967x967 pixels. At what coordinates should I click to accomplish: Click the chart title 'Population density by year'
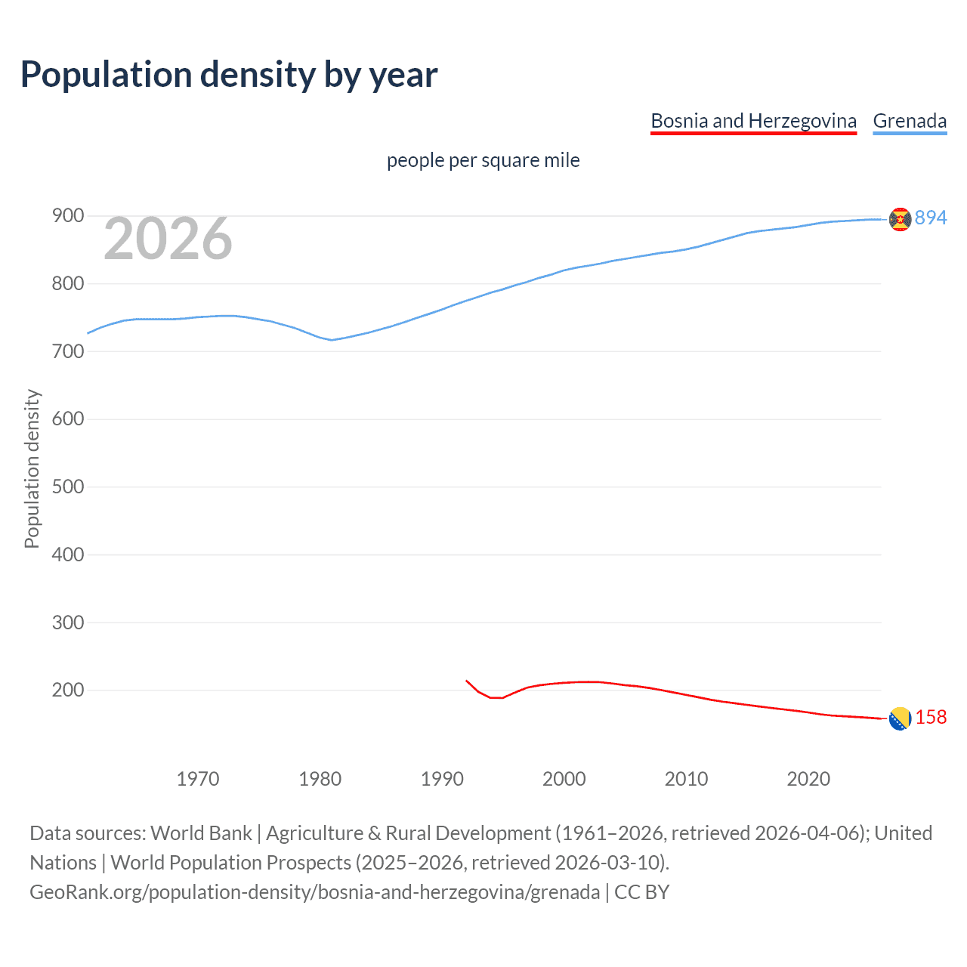[229, 74]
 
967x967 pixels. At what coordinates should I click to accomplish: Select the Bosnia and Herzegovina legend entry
[753, 121]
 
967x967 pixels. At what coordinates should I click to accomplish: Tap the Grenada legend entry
[910, 121]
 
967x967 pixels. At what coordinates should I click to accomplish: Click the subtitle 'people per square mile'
[483, 160]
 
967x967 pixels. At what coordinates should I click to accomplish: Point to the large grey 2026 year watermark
[168, 239]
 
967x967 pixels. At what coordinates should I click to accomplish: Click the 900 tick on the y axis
[68, 216]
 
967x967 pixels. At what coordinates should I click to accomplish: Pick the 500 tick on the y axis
[68, 487]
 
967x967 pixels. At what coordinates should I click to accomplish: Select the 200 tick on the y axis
[68, 690]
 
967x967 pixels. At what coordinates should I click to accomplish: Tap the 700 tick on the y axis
[68, 351]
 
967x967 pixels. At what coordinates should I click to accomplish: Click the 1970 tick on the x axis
[198, 779]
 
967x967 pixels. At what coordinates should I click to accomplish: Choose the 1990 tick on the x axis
[442, 779]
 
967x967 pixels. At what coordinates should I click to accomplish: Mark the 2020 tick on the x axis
[808, 779]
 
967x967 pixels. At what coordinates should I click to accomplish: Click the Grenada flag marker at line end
[900, 219]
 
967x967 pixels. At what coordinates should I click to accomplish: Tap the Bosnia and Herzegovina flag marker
[900, 719]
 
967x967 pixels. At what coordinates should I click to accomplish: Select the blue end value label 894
[931, 218]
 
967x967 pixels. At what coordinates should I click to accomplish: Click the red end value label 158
[931, 717]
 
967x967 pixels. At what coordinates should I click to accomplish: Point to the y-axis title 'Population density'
[32, 468]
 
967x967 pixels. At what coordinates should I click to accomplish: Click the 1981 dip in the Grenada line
[332, 340]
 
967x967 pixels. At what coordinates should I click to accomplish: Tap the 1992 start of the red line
[467, 681]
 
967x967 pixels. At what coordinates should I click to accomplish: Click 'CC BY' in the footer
[641, 892]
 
